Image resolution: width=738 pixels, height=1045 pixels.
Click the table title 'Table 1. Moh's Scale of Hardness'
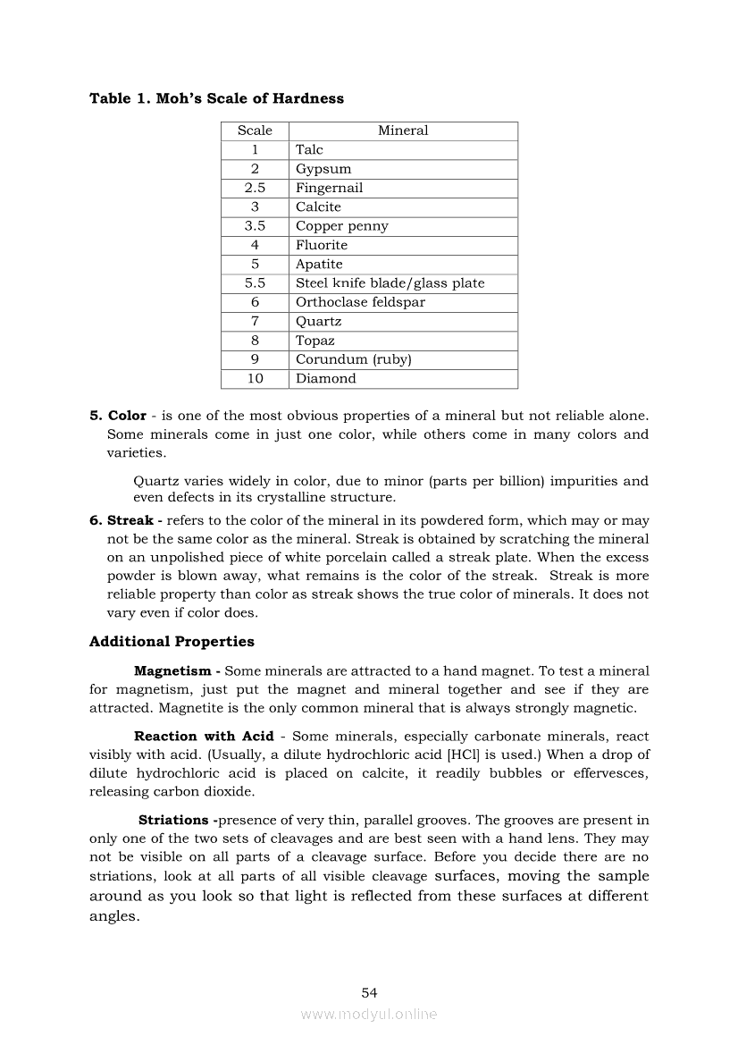(x=216, y=98)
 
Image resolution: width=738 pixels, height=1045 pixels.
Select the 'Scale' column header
(x=255, y=131)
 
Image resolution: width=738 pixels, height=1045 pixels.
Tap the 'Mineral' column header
(x=403, y=131)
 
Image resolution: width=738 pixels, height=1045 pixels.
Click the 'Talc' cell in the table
(x=309, y=150)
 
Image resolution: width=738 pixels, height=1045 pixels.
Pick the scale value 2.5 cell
(x=255, y=188)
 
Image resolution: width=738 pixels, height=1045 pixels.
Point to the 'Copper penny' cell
(x=341, y=226)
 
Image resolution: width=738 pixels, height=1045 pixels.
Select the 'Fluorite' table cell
(x=322, y=245)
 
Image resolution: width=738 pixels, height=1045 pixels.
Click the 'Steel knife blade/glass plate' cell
(x=390, y=283)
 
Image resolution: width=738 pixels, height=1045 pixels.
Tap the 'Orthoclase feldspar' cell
(x=360, y=302)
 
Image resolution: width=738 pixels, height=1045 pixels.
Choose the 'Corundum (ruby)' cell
(x=353, y=359)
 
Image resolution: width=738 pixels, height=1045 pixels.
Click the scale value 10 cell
(x=255, y=378)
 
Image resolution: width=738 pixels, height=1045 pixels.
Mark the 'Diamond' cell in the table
(x=325, y=378)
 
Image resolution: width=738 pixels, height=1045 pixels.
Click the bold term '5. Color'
(x=118, y=416)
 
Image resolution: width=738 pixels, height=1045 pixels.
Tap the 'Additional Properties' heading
(x=172, y=642)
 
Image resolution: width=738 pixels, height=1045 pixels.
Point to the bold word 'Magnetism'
(x=172, y=670)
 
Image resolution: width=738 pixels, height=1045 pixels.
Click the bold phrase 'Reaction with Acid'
(x=197, y=736)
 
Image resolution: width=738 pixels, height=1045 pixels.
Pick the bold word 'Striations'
(x=174, y=820)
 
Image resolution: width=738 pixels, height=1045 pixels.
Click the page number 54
(x=369, y=992)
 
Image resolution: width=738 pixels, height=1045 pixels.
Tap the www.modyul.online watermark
(x=369, y=1015)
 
